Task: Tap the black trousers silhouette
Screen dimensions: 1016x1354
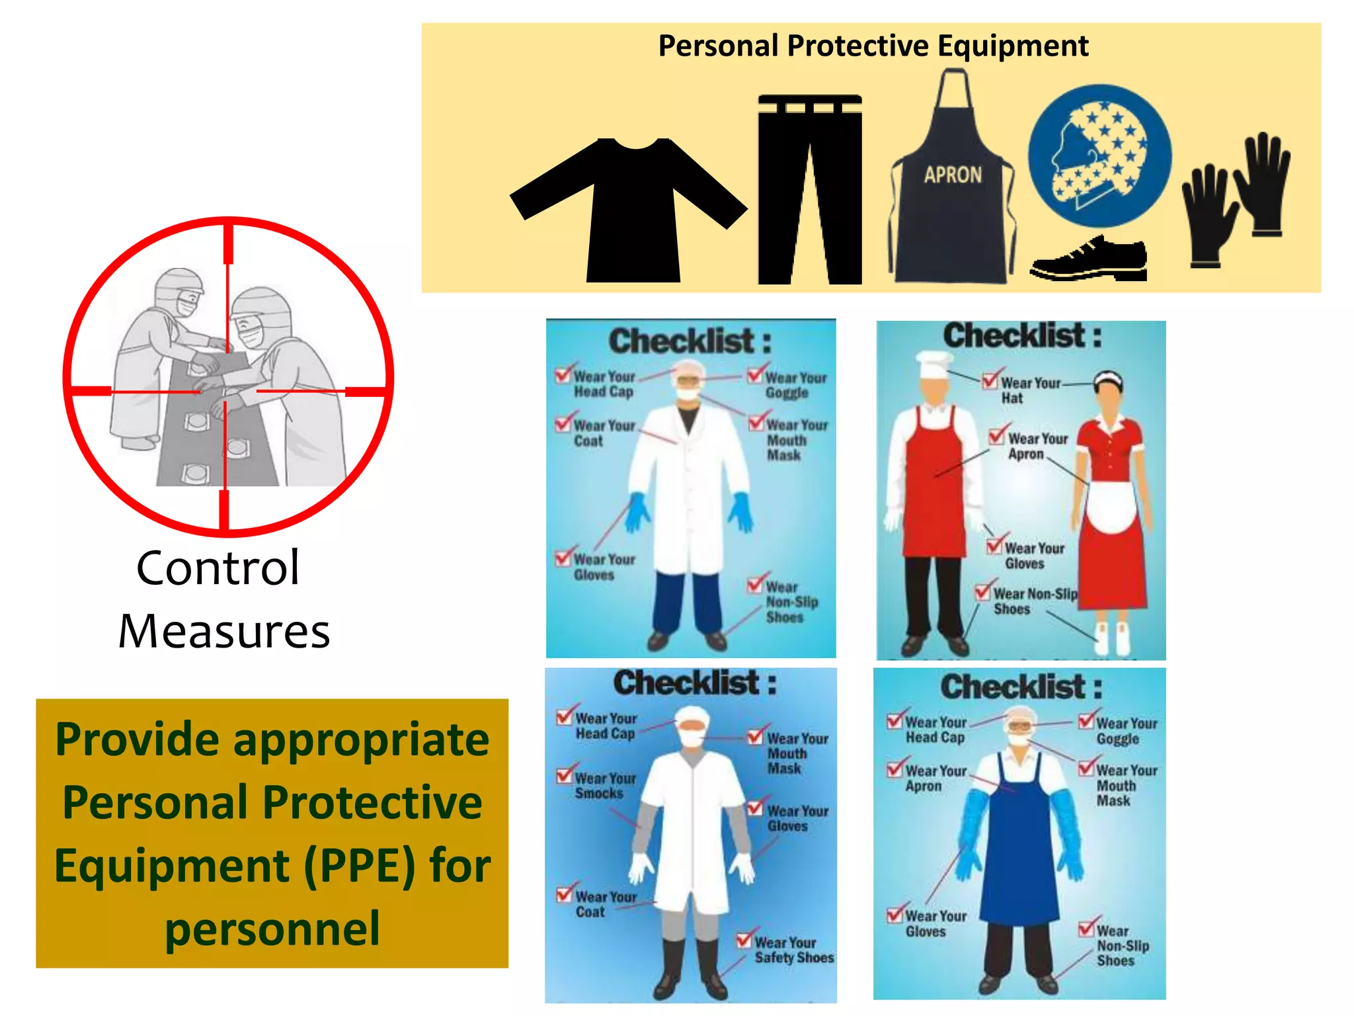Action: point(809,192)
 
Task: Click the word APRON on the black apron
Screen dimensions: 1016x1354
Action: point(953,175)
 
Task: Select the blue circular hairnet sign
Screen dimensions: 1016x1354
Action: point(1099,156)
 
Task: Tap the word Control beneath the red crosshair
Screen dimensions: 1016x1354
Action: point(218,568)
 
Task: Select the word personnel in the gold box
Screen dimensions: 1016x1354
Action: point(272,929)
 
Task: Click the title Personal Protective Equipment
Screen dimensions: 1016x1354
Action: point(873,46)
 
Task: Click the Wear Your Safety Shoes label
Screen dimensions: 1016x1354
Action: point(793,950)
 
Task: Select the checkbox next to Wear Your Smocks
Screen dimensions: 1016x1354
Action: point(565,775)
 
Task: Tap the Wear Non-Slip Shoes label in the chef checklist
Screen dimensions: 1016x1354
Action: point(1035,601)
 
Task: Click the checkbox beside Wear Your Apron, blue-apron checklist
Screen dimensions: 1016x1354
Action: point(895,769)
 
